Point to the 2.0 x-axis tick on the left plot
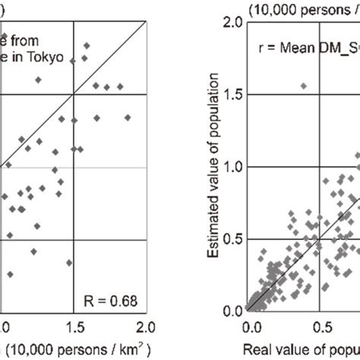(145, 327)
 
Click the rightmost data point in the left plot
(128, 117)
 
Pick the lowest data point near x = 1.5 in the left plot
(69, 263)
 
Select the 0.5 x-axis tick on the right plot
(322, 327)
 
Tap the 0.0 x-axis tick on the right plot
(250, 327)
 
